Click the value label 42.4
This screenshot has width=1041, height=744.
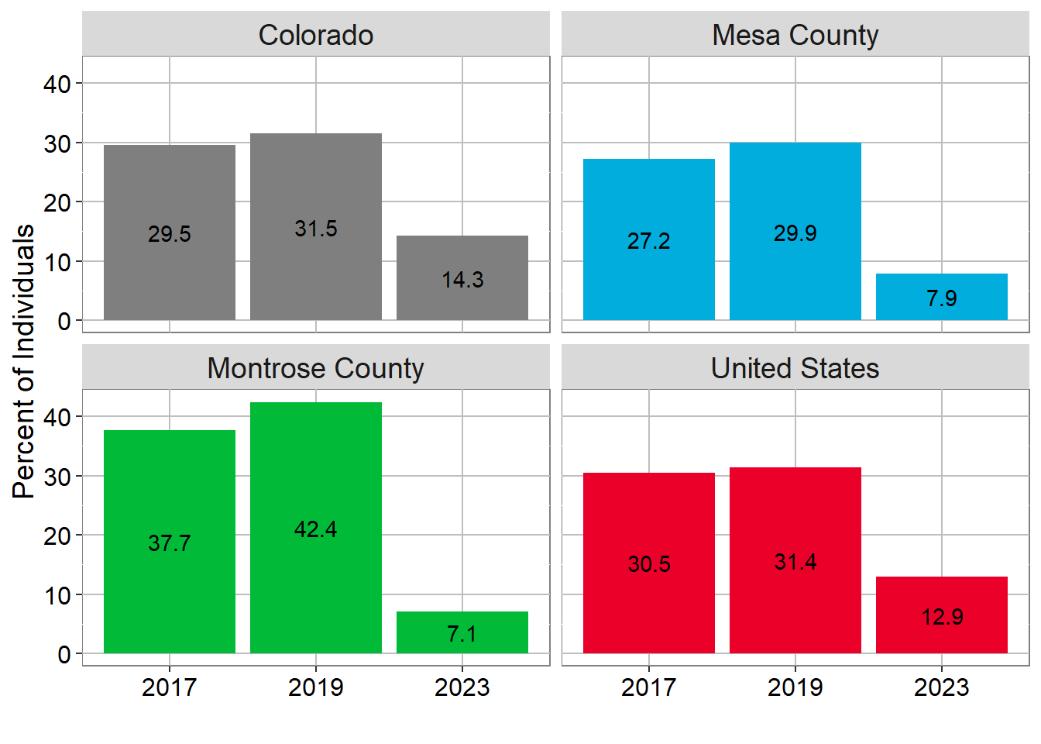pyautogui.click(x=316, y=529)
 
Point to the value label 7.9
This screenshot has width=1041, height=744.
pyautogui.click(x=942, y=298)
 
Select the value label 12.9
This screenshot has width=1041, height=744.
pyautogui.click(x=942, y=617)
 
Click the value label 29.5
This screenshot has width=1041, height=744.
pyautogui.click(x=170, y=234)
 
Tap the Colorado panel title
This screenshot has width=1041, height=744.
pyautogui.click(x=316, y=35)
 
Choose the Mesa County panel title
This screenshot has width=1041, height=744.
pyautogui.click(x=795, y=35)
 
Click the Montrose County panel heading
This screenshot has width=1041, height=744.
pyautogui.click(x=316, y=368)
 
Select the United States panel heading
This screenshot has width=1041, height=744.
pyautogui.click(x=795, y=368)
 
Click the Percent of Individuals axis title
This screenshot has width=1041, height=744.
pyautogui.click(x=24, y=360)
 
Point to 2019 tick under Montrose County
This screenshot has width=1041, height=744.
pyautogui.click(x=316, y=687)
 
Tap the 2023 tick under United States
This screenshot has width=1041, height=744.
pyautogui.click(x=942, y=687)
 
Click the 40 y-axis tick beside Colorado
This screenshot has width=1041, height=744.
pyautogui.click(x=57, y=84)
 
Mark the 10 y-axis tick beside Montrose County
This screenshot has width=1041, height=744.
pyautogui.click(x=57, y=595)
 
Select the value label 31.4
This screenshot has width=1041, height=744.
pyautogui.click(x=795, y=562)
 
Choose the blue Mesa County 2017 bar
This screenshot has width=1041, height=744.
pyautogui.click(x=649, y=201)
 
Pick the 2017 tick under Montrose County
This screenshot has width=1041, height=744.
pyautogui.click(x=170, y=687)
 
